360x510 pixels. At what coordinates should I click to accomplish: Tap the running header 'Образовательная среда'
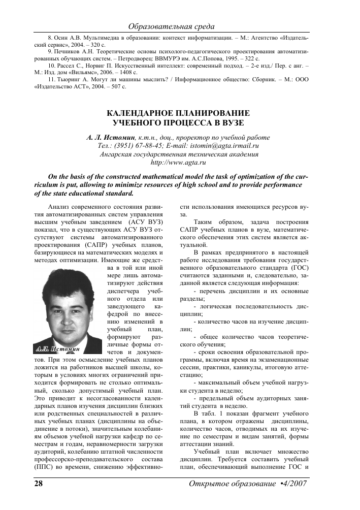pyautogui.click(x=172, y=26)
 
